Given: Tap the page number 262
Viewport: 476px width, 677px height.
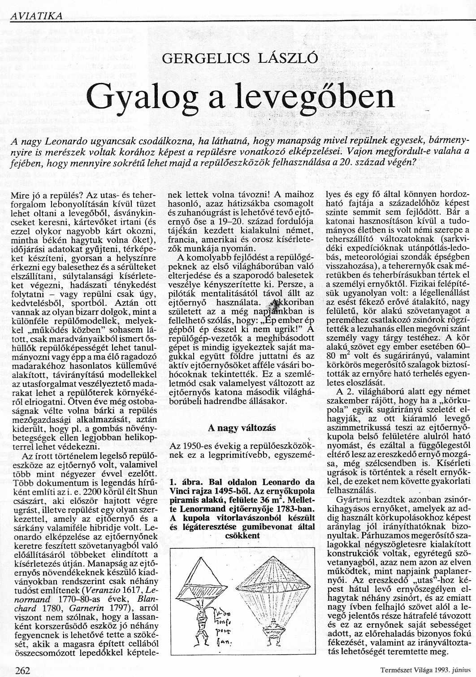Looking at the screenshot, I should click(x=22, y=670).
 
